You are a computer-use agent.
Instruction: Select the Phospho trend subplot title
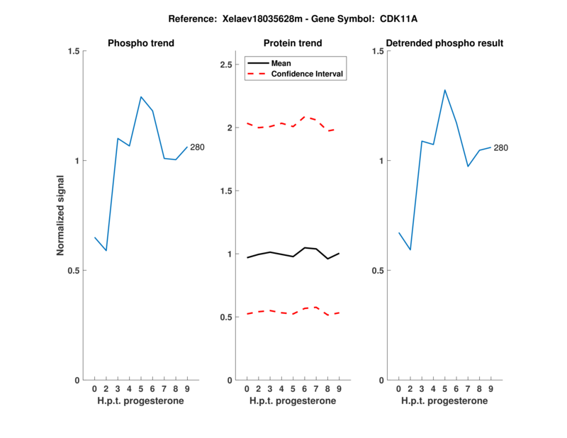tap(141, 43)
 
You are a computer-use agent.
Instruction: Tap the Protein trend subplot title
tap(293, 43)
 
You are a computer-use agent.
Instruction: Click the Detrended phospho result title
tap(444, 43)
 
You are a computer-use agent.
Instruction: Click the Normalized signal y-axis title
tap(61, 215)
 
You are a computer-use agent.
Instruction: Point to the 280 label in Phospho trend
tap(198, 147)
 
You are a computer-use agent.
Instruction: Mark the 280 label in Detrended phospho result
tap(501, 147)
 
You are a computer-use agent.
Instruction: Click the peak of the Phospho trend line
tap(141, 96)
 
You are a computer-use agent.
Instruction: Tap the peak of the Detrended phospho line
tap(444, 90)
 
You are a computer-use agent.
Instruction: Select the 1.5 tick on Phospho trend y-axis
tap(73, 51)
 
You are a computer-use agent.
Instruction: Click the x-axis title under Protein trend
tap(293, 401)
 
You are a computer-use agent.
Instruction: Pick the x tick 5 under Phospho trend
tap(141, 388)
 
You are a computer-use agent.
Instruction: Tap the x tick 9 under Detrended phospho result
tap(490, 388)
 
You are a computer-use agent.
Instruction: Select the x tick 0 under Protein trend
tap(247, 388)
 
